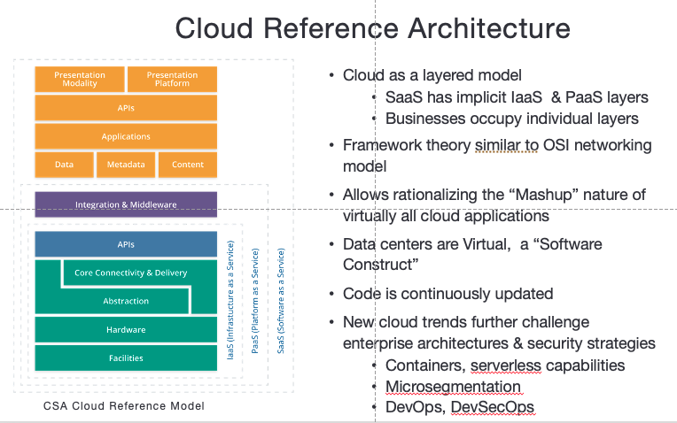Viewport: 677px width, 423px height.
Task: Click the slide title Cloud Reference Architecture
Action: (x=372, y=28)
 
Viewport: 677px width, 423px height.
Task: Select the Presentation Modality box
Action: (x=79, y=79)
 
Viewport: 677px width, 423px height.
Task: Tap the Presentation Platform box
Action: (x=172, y=79)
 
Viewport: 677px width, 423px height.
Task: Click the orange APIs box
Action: (x=126, y=108)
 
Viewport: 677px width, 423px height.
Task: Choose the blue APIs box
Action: (x=126, y=244)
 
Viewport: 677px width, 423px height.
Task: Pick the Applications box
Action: (x=126, y=136)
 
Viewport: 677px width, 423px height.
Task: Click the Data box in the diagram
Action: (x=64, y=165)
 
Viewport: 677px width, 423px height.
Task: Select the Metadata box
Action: (x=126, y=165)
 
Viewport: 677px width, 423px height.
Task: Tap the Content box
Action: (x=187, y=165)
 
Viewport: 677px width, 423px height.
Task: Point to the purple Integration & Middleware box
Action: (x=126, y=204)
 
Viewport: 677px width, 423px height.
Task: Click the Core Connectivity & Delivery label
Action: (x=131, y=273)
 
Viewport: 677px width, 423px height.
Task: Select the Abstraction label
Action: (x=126, y=301)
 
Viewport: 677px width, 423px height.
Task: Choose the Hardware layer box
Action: (x=126, y=329)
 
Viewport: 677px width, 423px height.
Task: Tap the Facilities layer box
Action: (x=126, y=358)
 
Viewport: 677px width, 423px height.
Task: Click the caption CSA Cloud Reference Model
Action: (x=124, y=405)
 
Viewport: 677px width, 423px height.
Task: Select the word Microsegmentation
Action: (x=453, y=387)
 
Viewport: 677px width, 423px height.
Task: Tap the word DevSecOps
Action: (x=492, y=407)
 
